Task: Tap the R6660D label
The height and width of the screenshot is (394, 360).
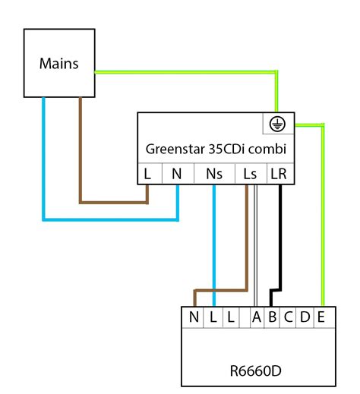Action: pyautogui.click(x=255, y=373)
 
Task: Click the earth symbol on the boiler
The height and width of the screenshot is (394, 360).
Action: pyautogui.click(x=279, y=124)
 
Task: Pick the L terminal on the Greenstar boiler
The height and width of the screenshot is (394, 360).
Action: pyautogui.click(x=148, y=174)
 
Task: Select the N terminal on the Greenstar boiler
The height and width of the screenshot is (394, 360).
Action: pyautogui.click(x=177, y=174)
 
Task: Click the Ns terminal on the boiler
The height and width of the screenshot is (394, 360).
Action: pyautogui.click(x=215, y=174)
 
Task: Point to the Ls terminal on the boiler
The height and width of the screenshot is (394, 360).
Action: pyautogui.click(x=249, y=174)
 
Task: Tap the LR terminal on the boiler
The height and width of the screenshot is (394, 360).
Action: pyautogui.click(x=279, y=174)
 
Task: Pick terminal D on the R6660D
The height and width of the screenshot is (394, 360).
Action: pyautogui.click(x=305, y=317)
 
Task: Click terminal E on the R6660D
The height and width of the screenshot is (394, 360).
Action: pyautogui.click(x=323, y=317)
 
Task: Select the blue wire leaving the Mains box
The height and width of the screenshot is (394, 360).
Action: pyautogui.click(x=44, y=167)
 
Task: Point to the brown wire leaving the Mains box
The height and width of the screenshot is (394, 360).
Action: pyautogui.click(x=81, y=152)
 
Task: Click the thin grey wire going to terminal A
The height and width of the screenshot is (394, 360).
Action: pyautogui.click(x=257, y=243)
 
